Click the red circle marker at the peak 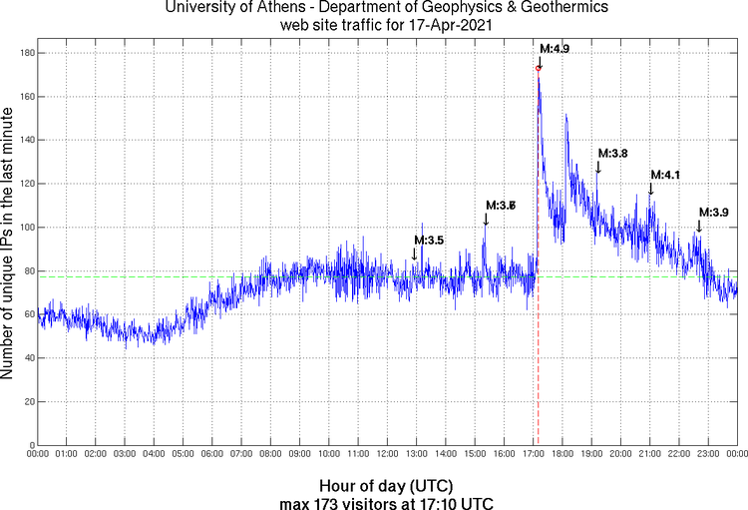pyautogui.click(x=539, y=68)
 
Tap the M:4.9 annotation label pyautogui.click(x=555, y=48)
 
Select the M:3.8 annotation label pyautogui.click(x=612, y=154)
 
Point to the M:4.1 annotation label pyautogui.click(x=664, y=176)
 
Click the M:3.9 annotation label pyautogui.click(x=713, y=213)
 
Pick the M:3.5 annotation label pyautogui.click(x=428, y=241)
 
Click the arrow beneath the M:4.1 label pyautogui.click(x=651, y=188)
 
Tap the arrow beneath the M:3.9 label pyautogui.click(x=699, y=226)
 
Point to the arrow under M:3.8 pyautogui.click(x=598, y=167)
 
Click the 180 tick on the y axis pyautogui.click(x=25, y=53)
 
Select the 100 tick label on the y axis pyautogui.click(x=25, y=228)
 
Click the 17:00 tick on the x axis pyautogui.click(x=534, y=454)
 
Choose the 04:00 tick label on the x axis pyautogui.click(x=155, y=454)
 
